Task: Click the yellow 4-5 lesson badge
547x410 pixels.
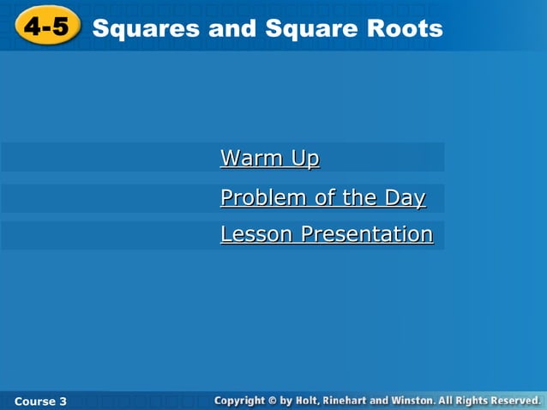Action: tap(45, 27)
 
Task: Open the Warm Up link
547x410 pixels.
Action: tap(269, 159)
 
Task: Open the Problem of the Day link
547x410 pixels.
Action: tap(322, 198)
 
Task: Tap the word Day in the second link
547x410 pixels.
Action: tap(405, 198)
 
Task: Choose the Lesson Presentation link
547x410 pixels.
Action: tap(326, 234)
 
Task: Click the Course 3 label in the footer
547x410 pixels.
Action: tap(40, 401)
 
